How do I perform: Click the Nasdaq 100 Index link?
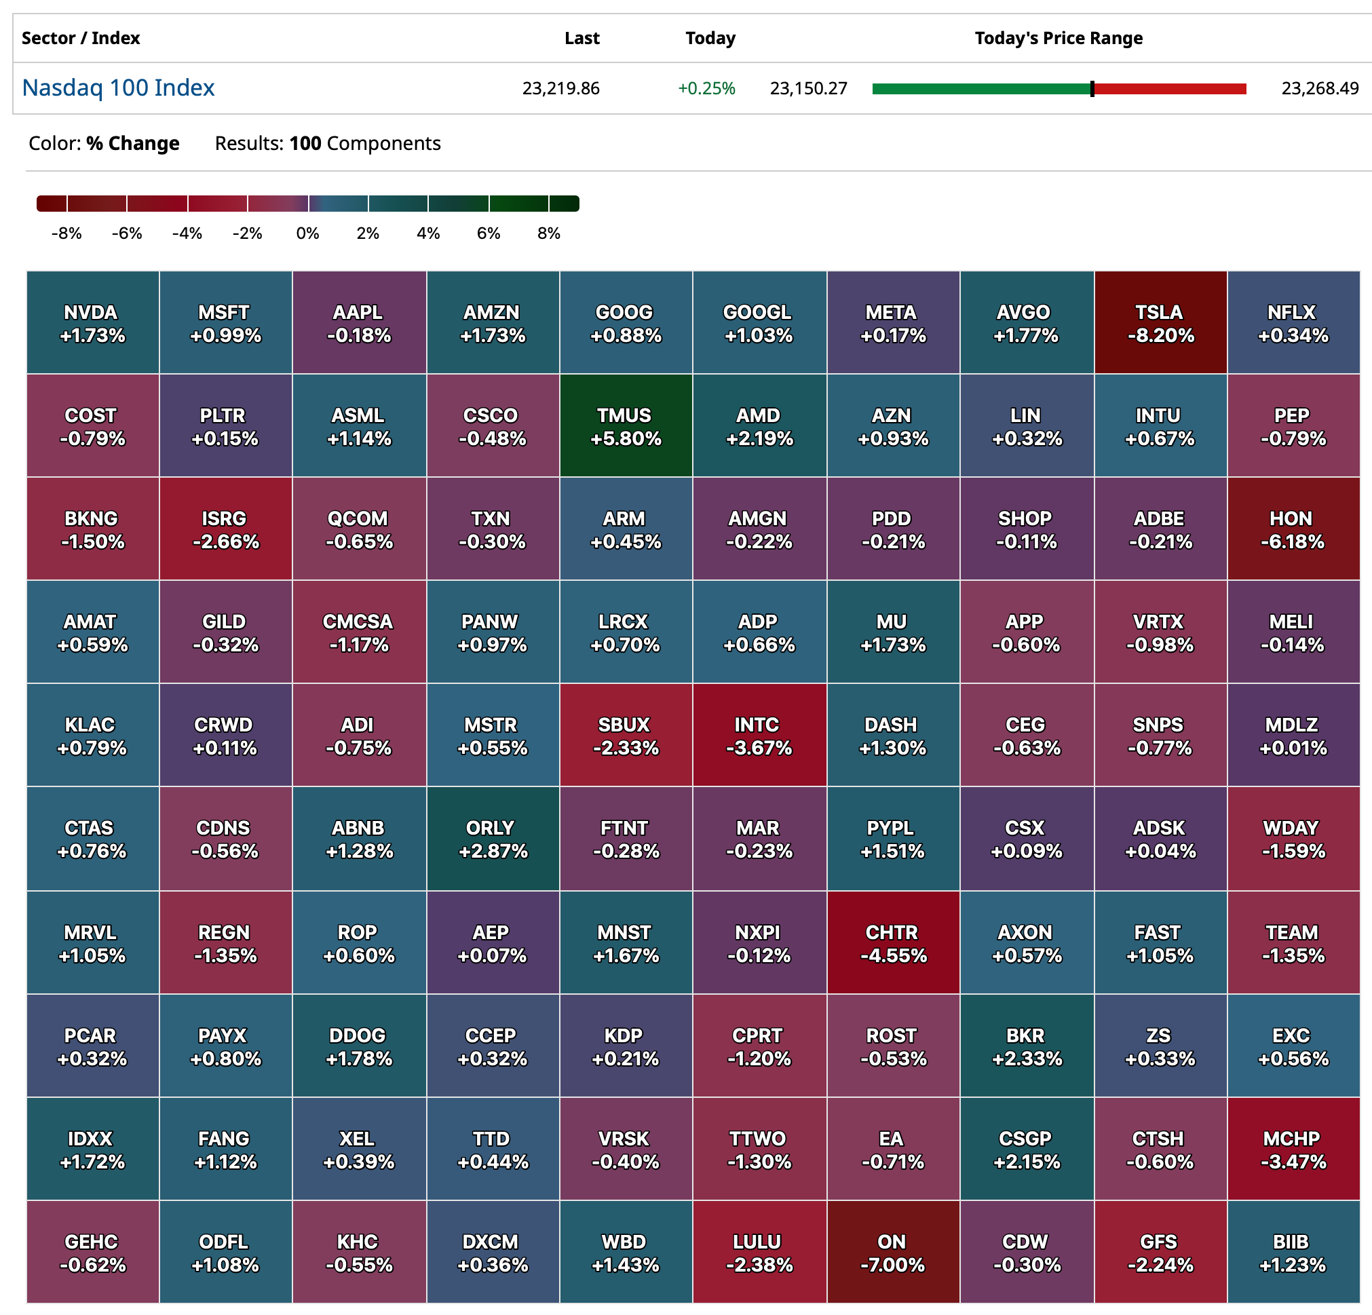117,88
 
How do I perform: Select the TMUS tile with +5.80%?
625,426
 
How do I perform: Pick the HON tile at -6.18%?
1292,529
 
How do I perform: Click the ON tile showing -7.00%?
892,1252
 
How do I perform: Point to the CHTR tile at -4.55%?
892,942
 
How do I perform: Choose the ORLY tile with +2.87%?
492,839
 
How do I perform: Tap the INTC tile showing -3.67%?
759,736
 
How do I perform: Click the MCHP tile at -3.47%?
1292,1149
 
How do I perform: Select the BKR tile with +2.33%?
1026,1046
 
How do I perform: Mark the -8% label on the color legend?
66,233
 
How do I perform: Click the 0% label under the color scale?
307,233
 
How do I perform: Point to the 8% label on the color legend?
549,233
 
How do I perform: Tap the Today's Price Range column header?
1058,38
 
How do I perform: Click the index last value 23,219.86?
560,88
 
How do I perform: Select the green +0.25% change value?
706,88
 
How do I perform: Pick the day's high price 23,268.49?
1320,88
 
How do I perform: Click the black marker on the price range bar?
1092,89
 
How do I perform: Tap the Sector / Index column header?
81,38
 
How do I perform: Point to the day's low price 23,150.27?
809,88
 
